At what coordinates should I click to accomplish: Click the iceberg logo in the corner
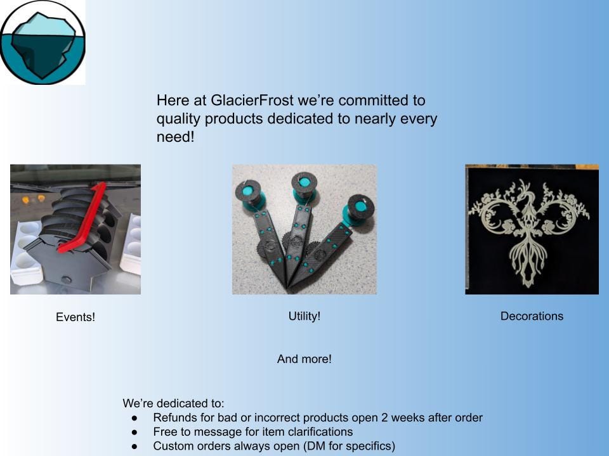coord(43,42)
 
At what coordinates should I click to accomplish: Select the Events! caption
coord(75,317)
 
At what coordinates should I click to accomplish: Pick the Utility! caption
coord(304,316)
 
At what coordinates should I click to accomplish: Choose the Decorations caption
coord(532,316)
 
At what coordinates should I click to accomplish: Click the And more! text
coord(304,359)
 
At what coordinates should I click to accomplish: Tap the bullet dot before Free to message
coord(135,432)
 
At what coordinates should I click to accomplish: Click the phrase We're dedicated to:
coord(174,403)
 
